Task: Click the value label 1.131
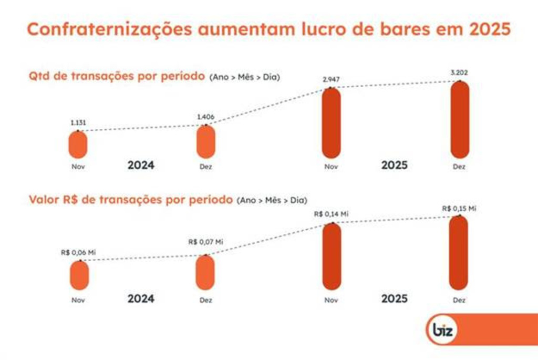(78, 122)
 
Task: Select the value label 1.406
(206, 117)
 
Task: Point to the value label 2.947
(330, 79)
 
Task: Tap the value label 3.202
(459, 73)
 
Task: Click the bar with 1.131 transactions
(78, 145)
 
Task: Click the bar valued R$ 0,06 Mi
(79, 275)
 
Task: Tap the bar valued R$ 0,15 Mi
(459, 253)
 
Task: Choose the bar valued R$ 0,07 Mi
(205, 272)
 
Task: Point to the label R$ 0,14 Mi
(331, 214)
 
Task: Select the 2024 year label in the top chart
(141, 165)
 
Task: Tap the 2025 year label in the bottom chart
(395, 299)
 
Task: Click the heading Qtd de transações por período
(117, 76)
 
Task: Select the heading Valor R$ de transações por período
(130, 200)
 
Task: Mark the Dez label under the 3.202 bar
(459, 167)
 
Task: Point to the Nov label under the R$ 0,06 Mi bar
(79, 300)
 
